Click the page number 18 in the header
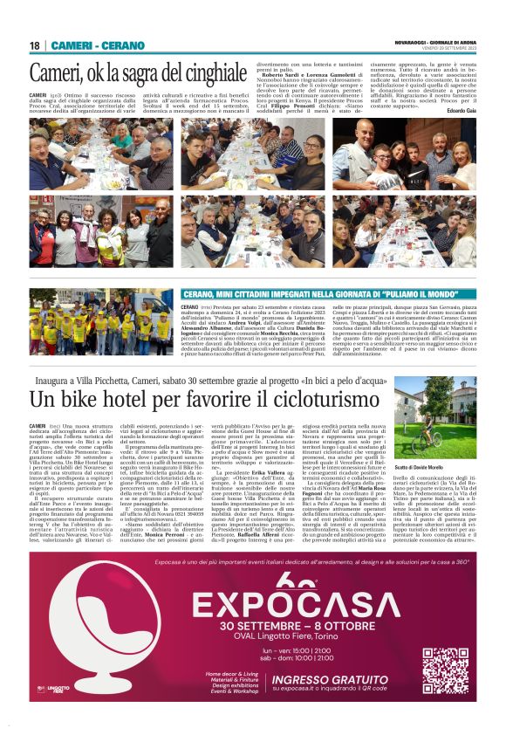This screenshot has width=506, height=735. point(35,45)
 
